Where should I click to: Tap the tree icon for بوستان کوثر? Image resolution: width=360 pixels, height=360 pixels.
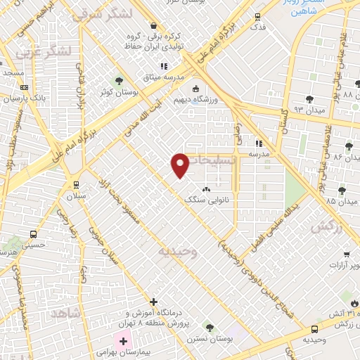(x=118, y=81)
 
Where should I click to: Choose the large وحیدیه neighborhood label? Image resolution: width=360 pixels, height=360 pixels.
(x=177, y=250)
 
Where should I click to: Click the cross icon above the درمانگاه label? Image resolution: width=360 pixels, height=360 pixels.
(x=154, y=301)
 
